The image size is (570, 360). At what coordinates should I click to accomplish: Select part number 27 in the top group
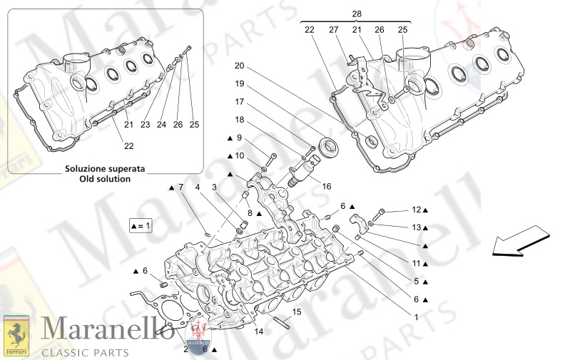click(333, 29)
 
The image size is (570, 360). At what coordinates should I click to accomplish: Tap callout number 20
click(240, 66)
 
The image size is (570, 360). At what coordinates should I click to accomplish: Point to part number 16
click(327, 186)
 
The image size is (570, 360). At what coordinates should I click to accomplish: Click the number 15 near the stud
click(297, 312)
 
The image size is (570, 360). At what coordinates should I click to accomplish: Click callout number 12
click(417, 210)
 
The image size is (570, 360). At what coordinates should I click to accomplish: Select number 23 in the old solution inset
click(145, 124)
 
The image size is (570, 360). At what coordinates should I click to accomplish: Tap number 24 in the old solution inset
click(161, 124)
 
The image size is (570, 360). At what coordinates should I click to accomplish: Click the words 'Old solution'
click(105, 179)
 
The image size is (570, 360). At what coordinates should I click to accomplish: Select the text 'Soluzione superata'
click(105, 169)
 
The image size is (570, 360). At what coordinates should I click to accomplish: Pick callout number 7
click(180, 187)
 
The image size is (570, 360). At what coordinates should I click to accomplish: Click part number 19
click(240, 83)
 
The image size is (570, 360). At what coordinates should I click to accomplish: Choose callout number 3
click(214, 187)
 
